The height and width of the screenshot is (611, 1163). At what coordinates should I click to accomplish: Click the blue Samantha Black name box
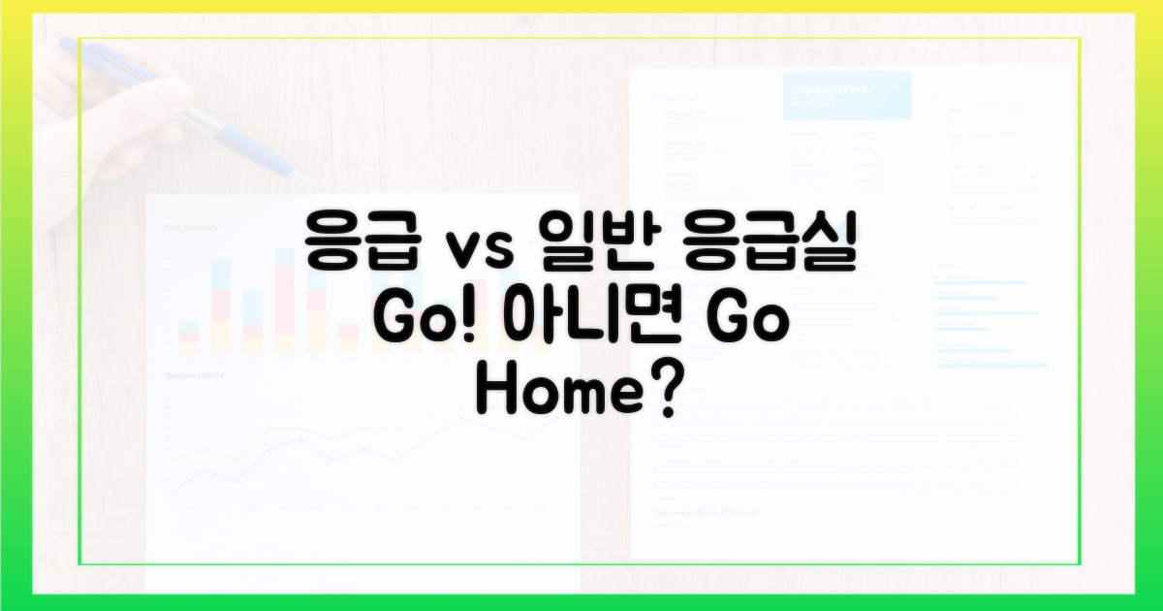tap(845, 94)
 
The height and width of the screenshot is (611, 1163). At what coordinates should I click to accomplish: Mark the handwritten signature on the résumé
tap(705, 510)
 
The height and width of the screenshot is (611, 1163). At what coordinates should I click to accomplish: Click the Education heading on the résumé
tap(956, 95)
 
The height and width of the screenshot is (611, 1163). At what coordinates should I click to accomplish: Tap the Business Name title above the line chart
tap(195, 373)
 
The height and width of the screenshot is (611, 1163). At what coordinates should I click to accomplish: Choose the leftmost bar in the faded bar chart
tap(188, 336)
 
